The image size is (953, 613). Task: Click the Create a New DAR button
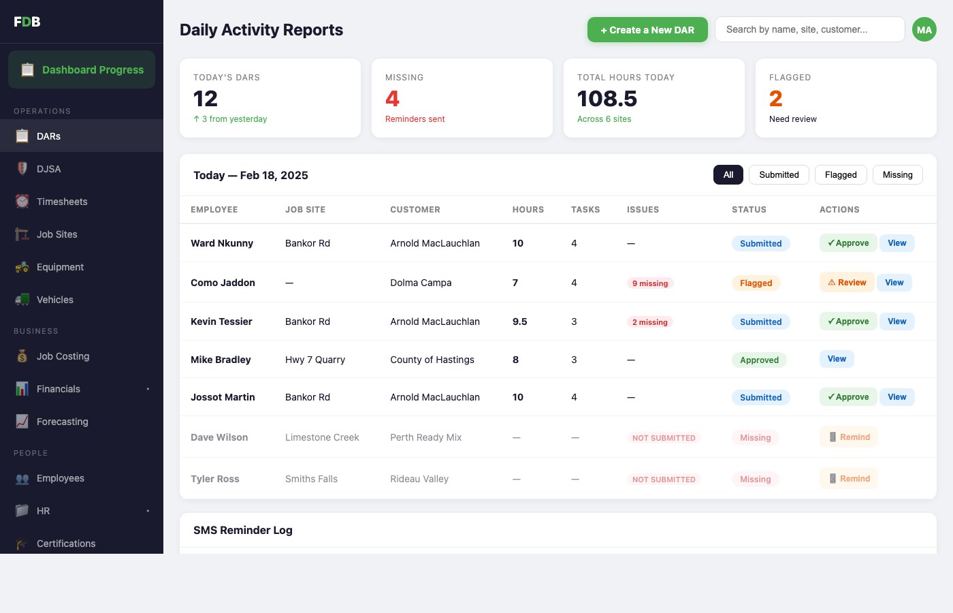point(647,30)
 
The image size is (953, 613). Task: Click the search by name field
point(809,29)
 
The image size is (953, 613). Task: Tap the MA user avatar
point(924,29)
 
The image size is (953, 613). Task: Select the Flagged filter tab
point(841,175)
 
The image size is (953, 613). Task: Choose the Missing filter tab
point(897,175)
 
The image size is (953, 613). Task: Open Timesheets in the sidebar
point(62,202)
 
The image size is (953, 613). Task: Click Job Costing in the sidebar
point(63,356)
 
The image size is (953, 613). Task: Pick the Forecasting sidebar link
point(62,422)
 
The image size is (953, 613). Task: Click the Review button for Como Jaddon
point(847,283)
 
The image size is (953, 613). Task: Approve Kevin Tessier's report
point(848,321)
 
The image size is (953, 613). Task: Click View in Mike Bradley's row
point(837,359)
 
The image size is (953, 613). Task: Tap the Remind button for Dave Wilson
point(849,437)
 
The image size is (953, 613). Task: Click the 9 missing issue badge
point(650,283)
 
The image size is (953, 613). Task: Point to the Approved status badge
point(759,360)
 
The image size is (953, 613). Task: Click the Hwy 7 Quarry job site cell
point(315,360)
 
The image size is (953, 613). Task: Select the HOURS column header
point(528,210)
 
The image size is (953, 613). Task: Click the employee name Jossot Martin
point(223,397)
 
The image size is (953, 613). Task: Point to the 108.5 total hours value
point(607,99)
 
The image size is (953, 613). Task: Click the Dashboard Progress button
point(82,69)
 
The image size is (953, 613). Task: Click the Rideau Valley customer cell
point(419,479)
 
